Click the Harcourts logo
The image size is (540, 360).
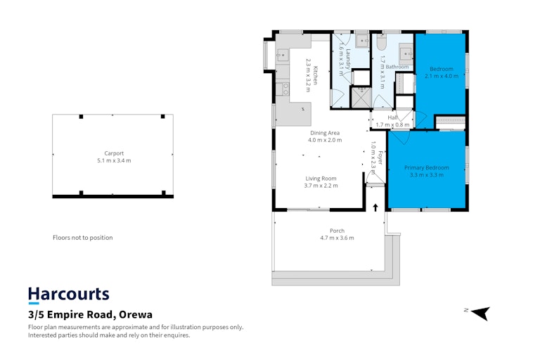click(x=68, y=295)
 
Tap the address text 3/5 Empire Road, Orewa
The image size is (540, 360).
click(x=90, y=314)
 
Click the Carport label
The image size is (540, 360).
click(x=114, y=153)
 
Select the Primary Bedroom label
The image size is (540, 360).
click(x=427, y=167)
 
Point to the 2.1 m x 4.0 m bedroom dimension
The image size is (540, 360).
click(x=442, y=76)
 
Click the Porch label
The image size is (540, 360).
click(x=337, y=231)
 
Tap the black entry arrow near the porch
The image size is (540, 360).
click(x=375, y=207)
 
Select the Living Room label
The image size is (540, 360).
click(x=321, y=178)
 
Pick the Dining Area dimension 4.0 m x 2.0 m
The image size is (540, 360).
click(x=325, y=140)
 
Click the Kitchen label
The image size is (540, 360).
click(x=315, y=75)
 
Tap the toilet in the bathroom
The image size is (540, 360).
click(x=381, y=42)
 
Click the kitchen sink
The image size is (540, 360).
click(x=283, y=55)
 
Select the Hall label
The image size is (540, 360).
click(x=392, y=117)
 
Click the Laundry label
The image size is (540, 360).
click(x=349, y=59)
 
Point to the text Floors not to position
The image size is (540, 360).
click(x=83, y=238)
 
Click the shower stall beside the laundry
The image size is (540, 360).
click(x=361, y=98)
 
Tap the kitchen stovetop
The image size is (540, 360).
click(x=283, y=89)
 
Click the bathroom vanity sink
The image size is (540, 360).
click(x=406, y=53)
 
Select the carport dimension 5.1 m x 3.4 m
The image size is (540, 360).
click(x=114, y=160)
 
